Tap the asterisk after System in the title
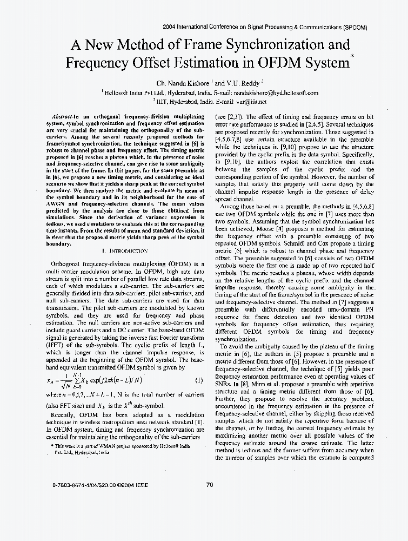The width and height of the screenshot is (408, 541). (352, 56)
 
